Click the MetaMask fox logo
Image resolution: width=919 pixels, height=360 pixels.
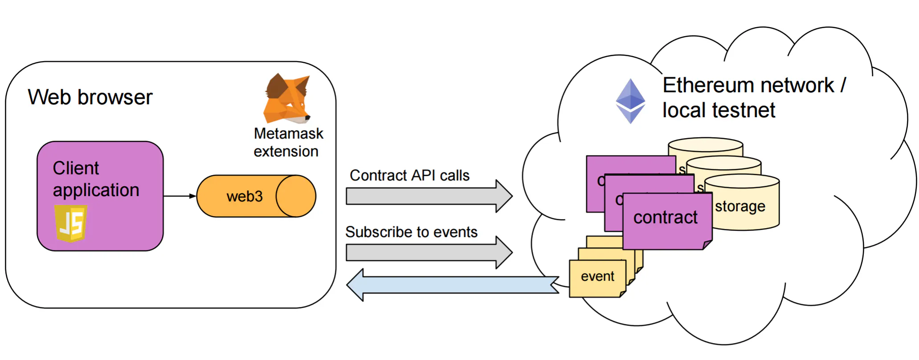[x=286, y=99]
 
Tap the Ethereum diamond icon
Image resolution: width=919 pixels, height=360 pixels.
[x=630, y=101]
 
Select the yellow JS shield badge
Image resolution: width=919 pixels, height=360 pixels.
[x=70, y=223]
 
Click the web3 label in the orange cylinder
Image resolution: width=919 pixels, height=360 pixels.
[x=245, y=196]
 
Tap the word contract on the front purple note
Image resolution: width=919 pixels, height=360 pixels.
[x=665, y=217]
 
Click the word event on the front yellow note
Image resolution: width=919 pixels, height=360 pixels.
[x=597, y=276]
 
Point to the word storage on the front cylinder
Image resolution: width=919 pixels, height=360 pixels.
[x=740, y=206]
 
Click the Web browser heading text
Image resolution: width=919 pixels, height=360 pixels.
[x=90, y=97]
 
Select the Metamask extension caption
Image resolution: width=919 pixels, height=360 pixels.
[x=288, y=143]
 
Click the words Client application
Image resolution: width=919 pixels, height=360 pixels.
[x=96, y=179]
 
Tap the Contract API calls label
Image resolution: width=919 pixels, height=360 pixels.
[x=409, y=176]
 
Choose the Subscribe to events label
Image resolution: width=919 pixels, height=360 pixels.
[x=411, y=232]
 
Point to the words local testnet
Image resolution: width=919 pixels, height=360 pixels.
[x=719, y=110]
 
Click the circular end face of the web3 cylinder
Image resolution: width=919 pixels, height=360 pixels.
[x=296, y=196]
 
